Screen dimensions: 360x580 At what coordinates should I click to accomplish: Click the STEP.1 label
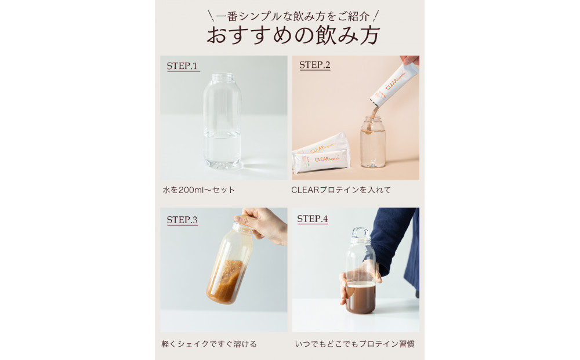(183, 66)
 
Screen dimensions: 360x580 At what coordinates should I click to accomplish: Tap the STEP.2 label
(314, 65)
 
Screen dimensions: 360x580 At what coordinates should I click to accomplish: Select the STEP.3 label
(182, 220)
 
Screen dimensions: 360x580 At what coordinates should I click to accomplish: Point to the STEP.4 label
(313, 219)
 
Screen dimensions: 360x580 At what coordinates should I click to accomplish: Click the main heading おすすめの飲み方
(293, 35)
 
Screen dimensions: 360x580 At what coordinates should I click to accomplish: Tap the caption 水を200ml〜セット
(198, 190)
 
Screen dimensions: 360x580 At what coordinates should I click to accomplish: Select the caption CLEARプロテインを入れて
(341, 190)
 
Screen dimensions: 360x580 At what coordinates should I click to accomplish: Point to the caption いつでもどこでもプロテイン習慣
(354, 344)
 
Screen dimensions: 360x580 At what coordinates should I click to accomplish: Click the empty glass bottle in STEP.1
(222, 125)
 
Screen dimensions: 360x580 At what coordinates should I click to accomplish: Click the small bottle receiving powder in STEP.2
(372, 142)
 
